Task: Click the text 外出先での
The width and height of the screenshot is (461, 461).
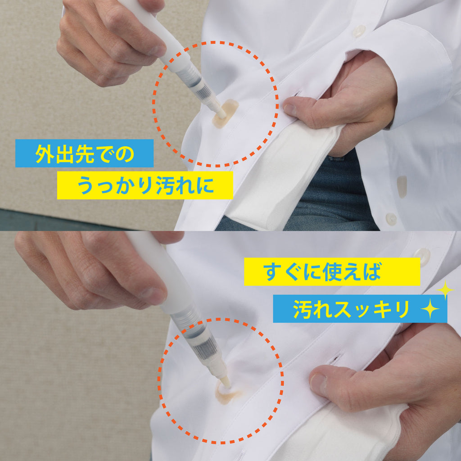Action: [x=85, y=154]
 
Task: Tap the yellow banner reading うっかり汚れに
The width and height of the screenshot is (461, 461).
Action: [x=145, y=185]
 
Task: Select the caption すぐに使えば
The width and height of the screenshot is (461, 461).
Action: [x=322, y=271]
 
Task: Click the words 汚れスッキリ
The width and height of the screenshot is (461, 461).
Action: [x=351, y=309]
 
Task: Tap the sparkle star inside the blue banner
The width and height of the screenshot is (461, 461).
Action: [x=430, y=309]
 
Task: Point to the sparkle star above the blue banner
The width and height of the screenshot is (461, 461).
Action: [x=445, y=289]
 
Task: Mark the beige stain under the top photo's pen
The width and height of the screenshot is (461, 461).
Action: [x=225, y=114]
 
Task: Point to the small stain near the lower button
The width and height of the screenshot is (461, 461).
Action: [x=402, y=187]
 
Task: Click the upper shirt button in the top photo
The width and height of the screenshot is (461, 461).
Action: [x=359, y=31]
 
